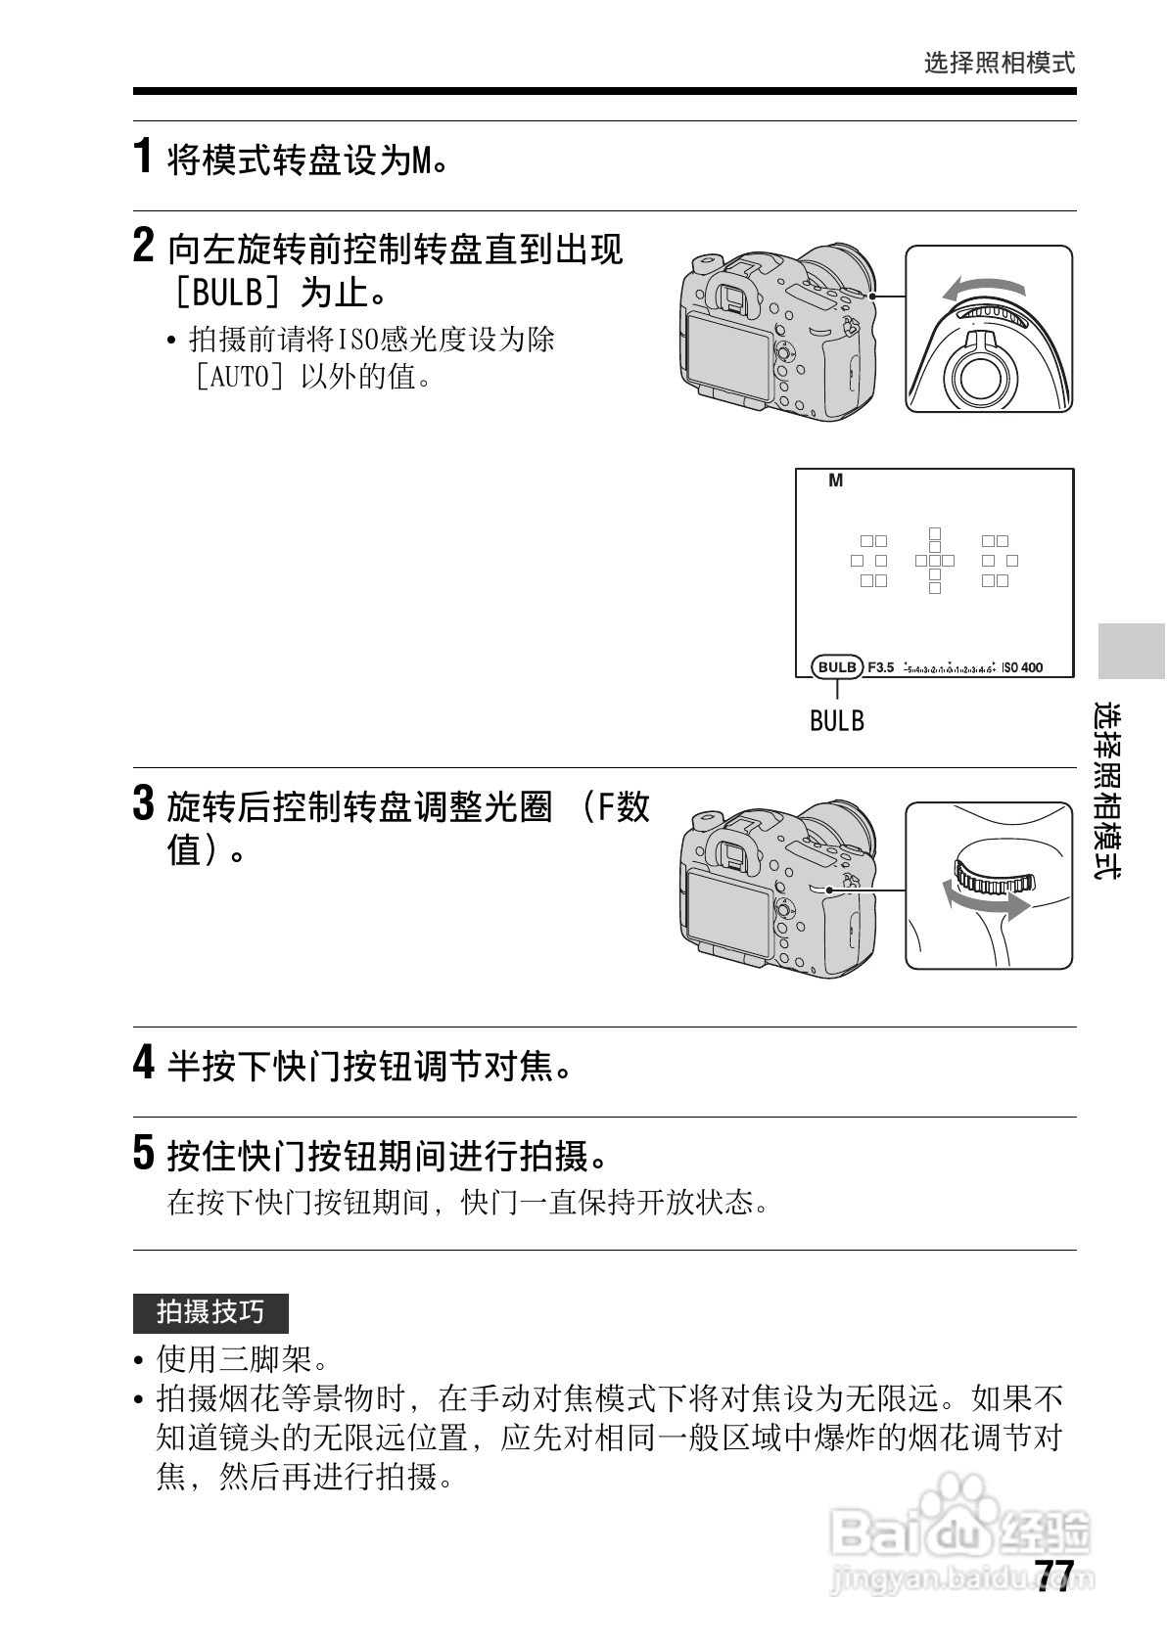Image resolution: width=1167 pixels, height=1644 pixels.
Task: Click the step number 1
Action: click(143, 157)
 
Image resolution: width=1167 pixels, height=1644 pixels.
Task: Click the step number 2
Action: click(144, 246)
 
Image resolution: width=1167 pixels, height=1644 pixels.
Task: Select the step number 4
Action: click(144, 1063)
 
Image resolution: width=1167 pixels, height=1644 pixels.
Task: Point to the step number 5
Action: click(144, 1153)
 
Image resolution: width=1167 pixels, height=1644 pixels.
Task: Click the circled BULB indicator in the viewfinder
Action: click(837, 667)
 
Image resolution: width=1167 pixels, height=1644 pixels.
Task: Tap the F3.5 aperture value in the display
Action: click(881, 667)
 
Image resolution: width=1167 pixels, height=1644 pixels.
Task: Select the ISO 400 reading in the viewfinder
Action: click(1022, 667)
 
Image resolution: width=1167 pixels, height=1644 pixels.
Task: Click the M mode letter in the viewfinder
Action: click(835, 480)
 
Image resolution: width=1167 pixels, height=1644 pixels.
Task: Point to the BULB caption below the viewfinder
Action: click(837, 721)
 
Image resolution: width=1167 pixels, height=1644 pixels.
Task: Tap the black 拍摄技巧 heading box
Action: click(210, 1311)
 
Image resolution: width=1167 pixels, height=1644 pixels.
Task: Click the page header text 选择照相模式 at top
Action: click(999, 64)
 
